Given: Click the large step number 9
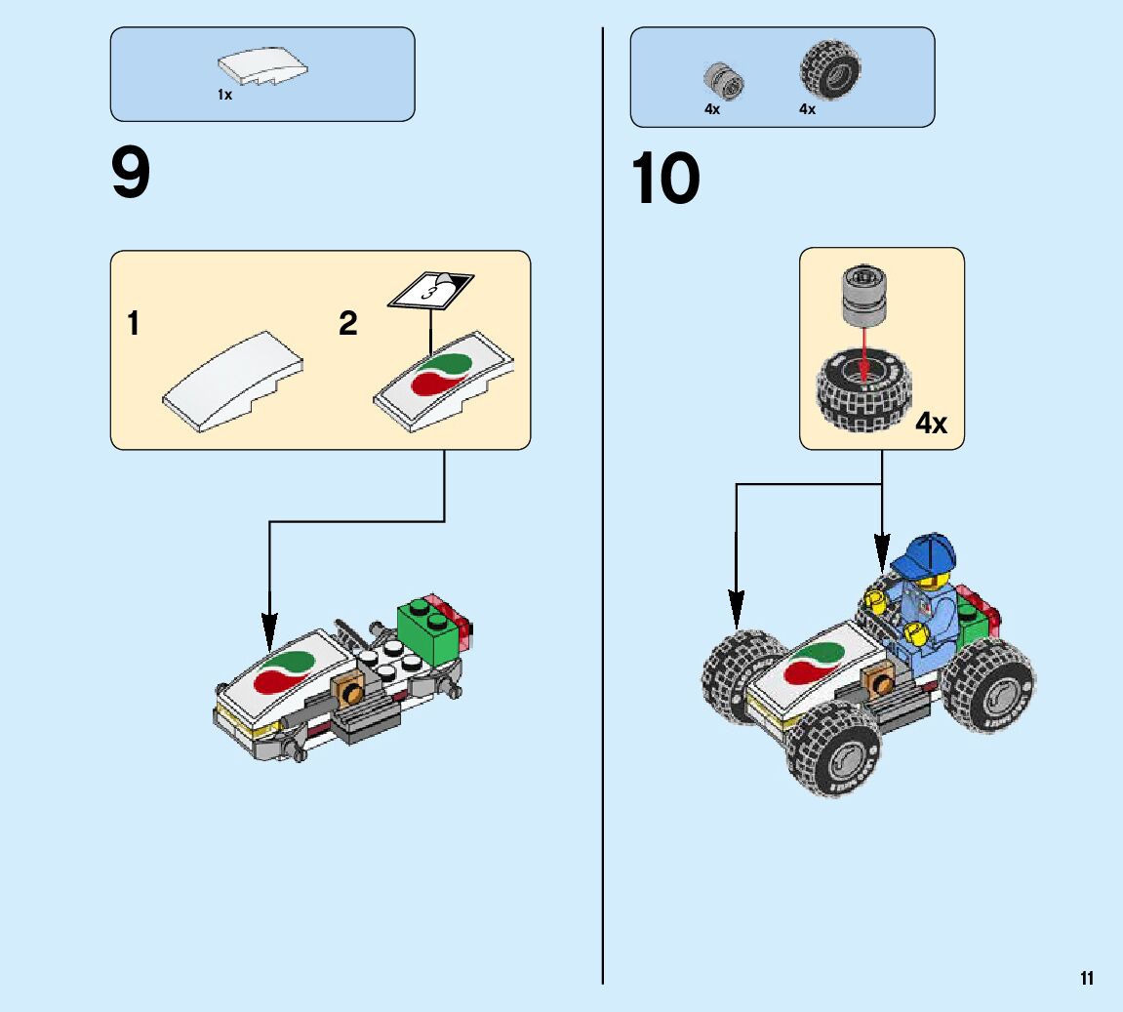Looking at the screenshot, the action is [x=132, y=175].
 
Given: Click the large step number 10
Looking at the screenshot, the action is [x=665, y=180].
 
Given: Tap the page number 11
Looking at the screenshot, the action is [x=1087, y=979].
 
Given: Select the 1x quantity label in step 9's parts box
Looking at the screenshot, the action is [x=224, y=95].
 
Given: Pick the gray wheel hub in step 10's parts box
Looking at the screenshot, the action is [x=723, y=78].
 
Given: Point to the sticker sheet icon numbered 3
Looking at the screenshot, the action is [x=430, y=289].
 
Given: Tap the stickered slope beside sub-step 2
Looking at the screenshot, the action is [x=444, y=380].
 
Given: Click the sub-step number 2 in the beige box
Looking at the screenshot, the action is [x=348, y=323].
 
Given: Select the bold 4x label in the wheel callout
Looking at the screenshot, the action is [x=931, y=424].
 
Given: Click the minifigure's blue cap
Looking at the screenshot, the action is [x=924, y=554].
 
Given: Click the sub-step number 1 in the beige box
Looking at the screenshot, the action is [x=134, y=323].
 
